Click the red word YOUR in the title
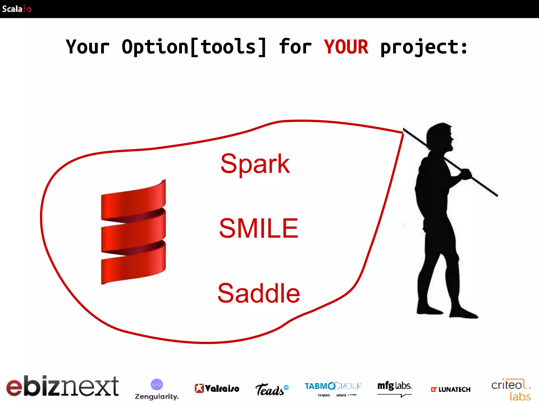pyautogui.click(x=346, y=47)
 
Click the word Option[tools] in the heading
pyautogui.click(x=194, y=47)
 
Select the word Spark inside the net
pyautogui.click(x=255, y=164)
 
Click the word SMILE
pyautogui.click(x=259, y=228)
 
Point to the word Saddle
pyautogui.click(x=259, y=293)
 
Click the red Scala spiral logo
pyautogui.click(x=133, y=232)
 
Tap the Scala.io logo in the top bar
pyautogui.click(x=17, y=9)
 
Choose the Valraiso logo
pyautogui.click(x=217, y=388)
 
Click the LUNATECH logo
pyautogui.click(x=451, y=389)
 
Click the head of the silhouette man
pyautogui.click(x=440, y=137)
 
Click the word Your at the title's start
pyautogui.click(x=87, y=47)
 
